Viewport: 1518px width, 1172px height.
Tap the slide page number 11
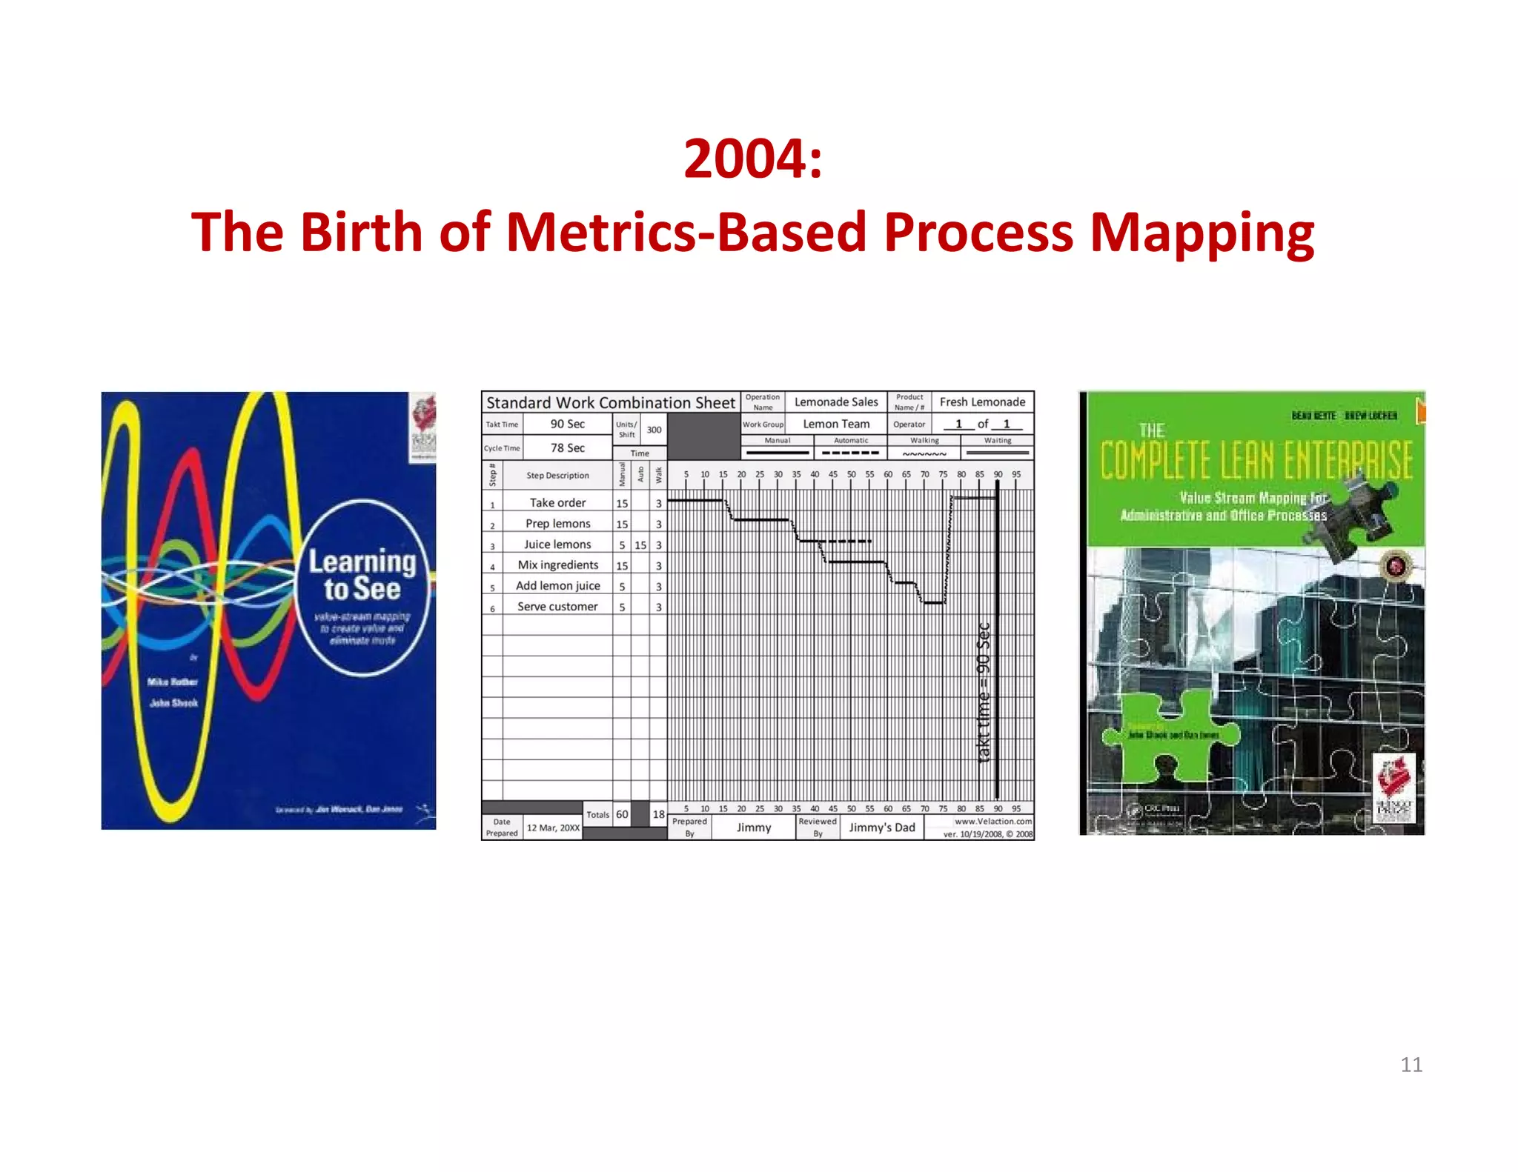(x=1411, y=1065)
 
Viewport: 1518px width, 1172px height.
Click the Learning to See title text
(x=362, y=575)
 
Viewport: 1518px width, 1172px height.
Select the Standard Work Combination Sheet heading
(x=610, y=402)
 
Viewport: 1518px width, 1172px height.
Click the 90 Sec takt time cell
(x=567, y=424)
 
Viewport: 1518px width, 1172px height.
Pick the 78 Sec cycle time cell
(x=567, y=447)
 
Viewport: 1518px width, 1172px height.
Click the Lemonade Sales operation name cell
(x=835, y=402)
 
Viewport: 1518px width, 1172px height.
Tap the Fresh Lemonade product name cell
(x=982, y=402)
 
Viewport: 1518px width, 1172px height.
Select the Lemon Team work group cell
(x=835, y=424)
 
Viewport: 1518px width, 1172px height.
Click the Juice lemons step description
(x=557, y=545)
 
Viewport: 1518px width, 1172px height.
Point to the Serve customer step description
(x=557, y=607)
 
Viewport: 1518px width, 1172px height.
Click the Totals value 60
(x=622, y=814)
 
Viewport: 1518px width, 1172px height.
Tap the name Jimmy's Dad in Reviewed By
(x=881, y=828)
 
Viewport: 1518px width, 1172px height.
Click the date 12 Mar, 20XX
(x=553, y=828)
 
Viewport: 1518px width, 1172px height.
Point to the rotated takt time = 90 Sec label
(x=984, y=693)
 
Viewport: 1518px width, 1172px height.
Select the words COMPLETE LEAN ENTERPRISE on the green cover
(x=1256, y=460)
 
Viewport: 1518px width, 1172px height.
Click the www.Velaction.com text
(x=992, y=821)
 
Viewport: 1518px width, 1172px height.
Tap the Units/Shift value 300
(x=654, y=430)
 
